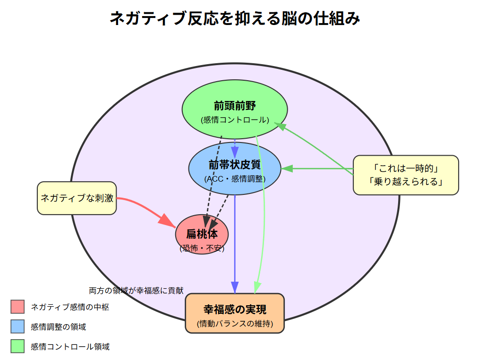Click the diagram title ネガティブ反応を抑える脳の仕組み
click(x=235, y=19)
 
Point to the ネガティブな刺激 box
click(x=77, y=198)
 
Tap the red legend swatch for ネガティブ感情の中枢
click(x=17, y=307)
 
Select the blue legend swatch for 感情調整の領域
click(x=17, y=327)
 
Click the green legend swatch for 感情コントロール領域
click(x=17, y=346)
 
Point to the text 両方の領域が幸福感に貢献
click(x=136, y=291)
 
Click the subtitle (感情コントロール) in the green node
click(x=235, y=120)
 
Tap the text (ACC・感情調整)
click(x=235, y=179)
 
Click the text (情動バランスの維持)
click(x=235, y=324)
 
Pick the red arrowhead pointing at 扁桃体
click(x=167, y=220)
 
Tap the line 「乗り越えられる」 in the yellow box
click(x=406, y=182)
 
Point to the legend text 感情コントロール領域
click(x=70, y=347)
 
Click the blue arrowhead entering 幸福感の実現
click(x=235, y=287)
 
